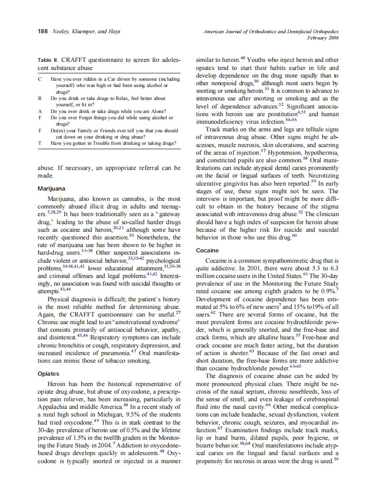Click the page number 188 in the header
[x=43, y=31]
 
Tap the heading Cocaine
[x=207, y=250]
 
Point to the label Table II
[x=48, y=60]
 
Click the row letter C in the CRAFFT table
[x=40, y=79]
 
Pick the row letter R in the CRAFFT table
[x=40, y=98]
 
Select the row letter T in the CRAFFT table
[x=40, y=143]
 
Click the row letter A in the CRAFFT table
[x=40, y=111]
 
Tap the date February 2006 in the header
[x=323, y=38]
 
